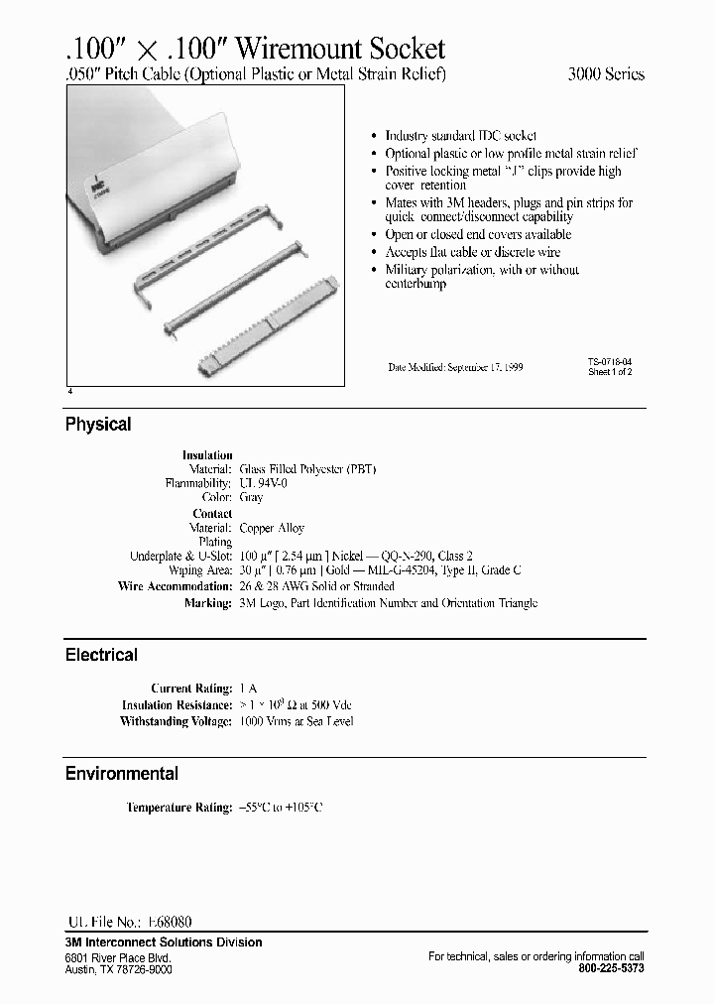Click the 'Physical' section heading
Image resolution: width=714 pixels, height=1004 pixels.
(98, 425)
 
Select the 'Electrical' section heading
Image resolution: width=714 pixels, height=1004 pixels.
(101, 655)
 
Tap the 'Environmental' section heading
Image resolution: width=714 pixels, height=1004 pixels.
(122, 774)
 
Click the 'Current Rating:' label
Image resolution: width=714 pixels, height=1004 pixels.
(191, 688)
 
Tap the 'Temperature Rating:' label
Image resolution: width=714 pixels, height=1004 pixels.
(179, 808)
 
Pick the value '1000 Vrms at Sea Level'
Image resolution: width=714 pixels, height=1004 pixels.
(297, 721)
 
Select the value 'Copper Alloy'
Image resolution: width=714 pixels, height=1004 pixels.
(272, 529)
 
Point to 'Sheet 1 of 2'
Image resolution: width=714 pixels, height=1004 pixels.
(610, 372)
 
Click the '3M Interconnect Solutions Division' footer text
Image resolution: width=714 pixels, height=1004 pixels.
(164, 942)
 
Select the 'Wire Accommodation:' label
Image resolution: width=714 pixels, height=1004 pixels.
(176, 586)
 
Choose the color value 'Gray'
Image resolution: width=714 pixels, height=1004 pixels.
(251, 498)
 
